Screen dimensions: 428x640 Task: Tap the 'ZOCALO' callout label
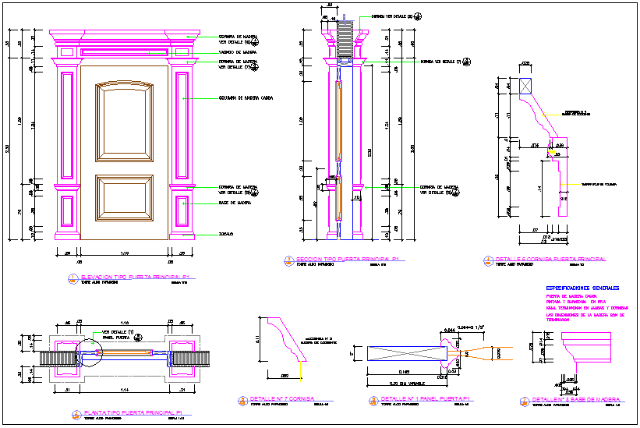225,233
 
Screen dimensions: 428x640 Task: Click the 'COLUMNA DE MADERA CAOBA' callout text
245,99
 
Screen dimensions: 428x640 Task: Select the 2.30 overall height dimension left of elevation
8,148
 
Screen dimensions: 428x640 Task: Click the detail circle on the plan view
90,352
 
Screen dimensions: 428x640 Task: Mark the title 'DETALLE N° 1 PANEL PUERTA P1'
414,399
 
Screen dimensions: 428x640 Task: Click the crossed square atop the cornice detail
525,87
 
